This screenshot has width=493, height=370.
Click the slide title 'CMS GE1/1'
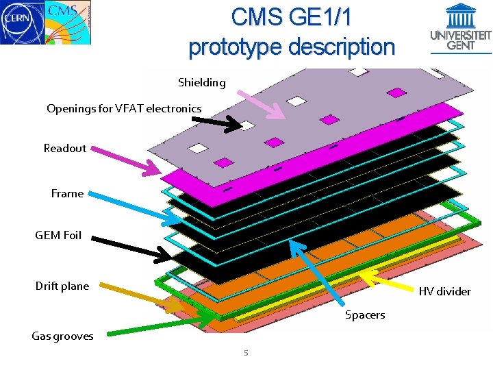click(291, 17)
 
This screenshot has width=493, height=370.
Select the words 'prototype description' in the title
click(292, 47)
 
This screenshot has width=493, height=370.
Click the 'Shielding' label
click(201, 83)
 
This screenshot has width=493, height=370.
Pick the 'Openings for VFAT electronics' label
click(124, 108)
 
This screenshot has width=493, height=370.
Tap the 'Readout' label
click(65, 148)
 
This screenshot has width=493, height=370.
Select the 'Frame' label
click(67, 193)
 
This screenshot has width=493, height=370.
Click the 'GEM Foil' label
click(58, 235)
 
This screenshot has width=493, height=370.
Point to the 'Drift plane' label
click(62, 286)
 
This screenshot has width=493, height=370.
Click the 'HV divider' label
click(444, 291)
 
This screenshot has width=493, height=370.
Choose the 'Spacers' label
click(365, 314)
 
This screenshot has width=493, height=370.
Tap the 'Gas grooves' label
click(62, 336)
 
